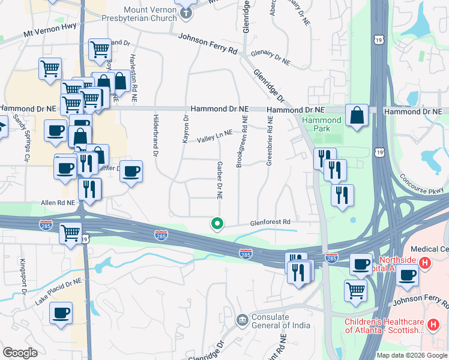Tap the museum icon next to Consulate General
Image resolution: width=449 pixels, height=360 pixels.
pos(242,319)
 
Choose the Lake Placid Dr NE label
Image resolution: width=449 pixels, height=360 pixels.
pos(58,289)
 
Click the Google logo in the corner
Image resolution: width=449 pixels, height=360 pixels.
pos(20,353)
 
